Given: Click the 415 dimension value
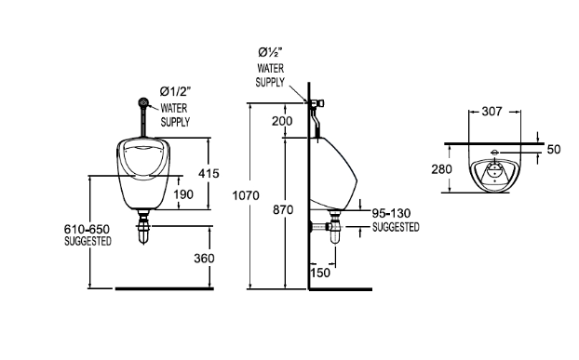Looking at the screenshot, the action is point(209,173).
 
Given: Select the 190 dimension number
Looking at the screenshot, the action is point(183,194).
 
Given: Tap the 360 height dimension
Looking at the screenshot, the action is point(204,259).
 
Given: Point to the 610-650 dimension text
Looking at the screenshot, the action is point(87,229).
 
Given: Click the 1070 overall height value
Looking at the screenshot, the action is point(246,195).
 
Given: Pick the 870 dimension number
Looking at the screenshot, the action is point(283,209).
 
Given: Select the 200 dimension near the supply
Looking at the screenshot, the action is point(282,121).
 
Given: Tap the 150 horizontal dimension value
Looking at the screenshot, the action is point(320,273).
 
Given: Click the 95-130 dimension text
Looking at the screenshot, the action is point(391,213).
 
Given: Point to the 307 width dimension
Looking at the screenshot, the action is point(491,112).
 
